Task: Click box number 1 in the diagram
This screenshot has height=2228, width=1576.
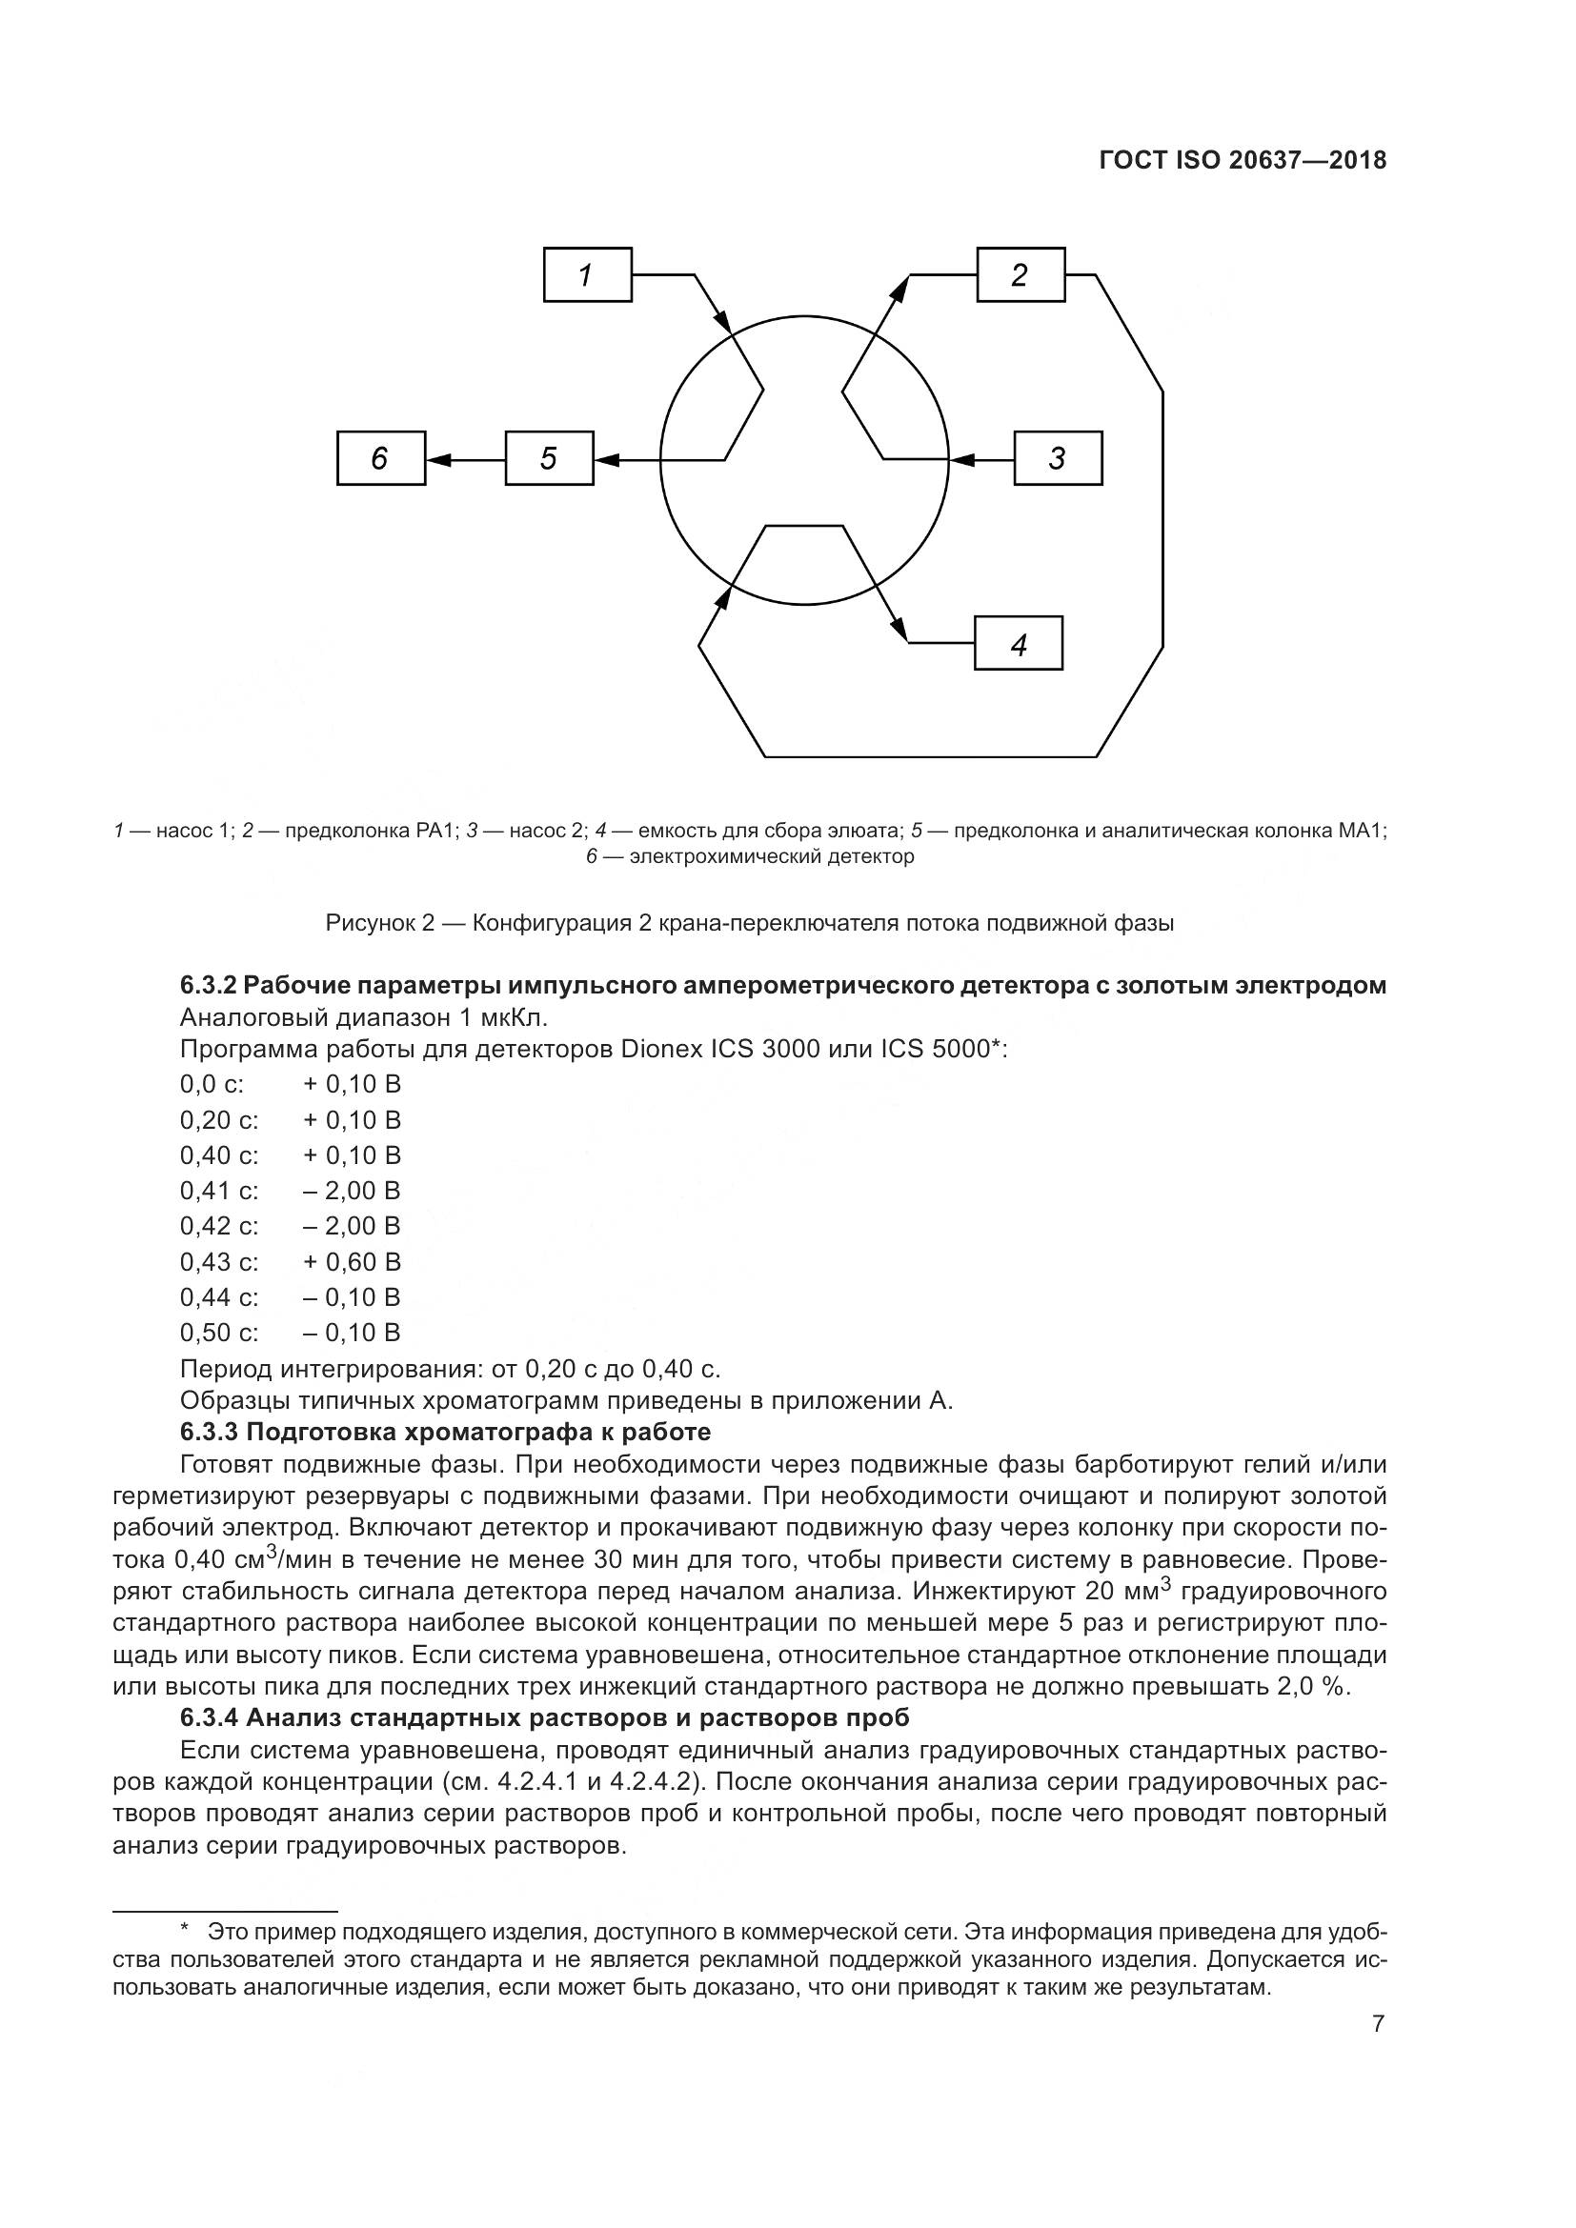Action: coord(587,275)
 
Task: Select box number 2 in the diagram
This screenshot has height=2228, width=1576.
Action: coord(1020,275)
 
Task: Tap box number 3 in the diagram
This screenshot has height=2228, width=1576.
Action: coord(1058,458)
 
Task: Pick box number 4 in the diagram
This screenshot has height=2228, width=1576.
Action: coord(1018,643)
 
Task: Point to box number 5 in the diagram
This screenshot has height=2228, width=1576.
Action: coord(548,458)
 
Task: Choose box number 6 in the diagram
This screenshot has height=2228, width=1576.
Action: coord(380,458)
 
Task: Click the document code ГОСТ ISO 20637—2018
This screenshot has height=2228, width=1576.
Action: coord(1243,160)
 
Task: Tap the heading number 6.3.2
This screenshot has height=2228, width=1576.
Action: coord(208,986)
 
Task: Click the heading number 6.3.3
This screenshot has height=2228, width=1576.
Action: coord(208,1433)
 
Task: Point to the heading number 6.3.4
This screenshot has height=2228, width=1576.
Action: coord(208,1717)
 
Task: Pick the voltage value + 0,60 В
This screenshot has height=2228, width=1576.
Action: coord(352,1262)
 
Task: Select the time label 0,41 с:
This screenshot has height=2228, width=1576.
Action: coord(219,1191)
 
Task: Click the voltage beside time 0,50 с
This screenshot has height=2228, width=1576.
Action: coord(352,1334)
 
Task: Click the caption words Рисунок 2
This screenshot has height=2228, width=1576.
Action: coord(379,923)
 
